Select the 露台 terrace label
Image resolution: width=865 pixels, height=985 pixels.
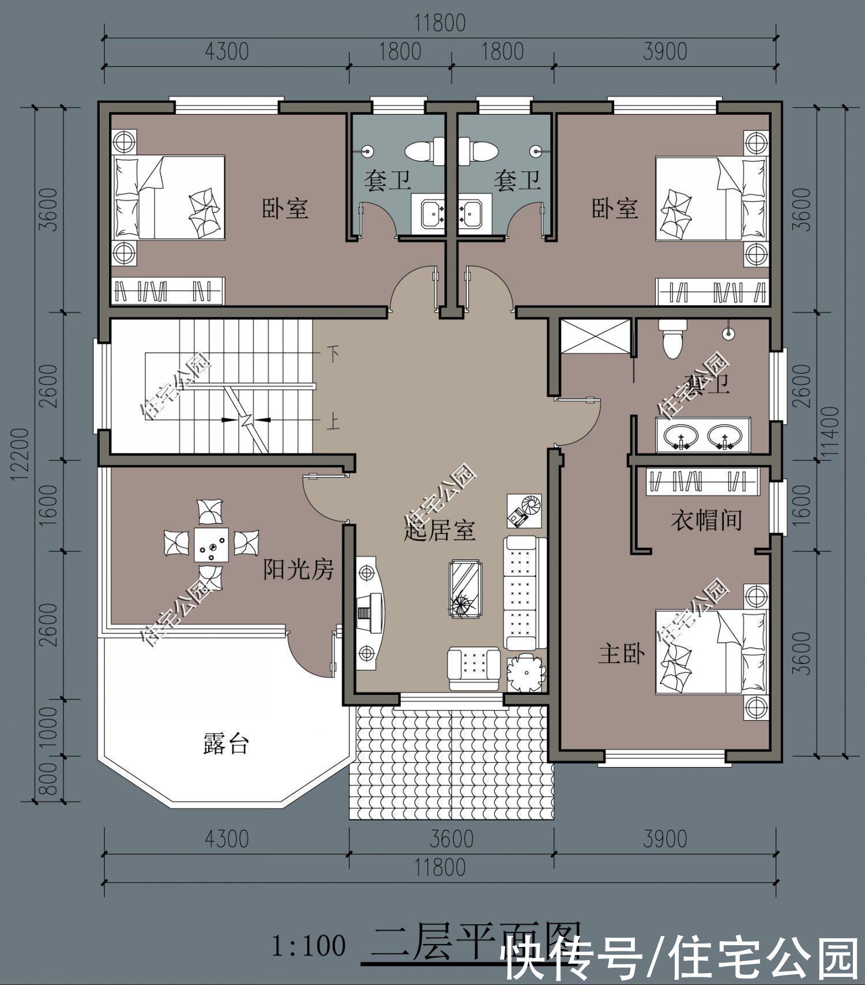coord(226,744)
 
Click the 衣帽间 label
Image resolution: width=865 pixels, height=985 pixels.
coord(706,520)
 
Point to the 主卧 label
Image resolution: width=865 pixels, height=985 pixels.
coord(621,654)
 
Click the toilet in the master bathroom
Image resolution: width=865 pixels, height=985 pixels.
coord(673,340)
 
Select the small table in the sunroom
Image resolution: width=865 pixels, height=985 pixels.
coord(210,544)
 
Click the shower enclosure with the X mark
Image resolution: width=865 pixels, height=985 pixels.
coord(595,335)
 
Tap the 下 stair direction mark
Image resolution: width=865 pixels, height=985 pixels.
coord(333,353)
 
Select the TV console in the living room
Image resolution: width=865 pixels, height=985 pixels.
coord(369,613)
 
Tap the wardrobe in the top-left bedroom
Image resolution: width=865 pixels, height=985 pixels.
coord(167,291)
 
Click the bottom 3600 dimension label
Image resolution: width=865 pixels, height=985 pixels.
coord(452,839)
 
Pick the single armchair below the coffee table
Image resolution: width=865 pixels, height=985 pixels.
coord(474,668)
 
